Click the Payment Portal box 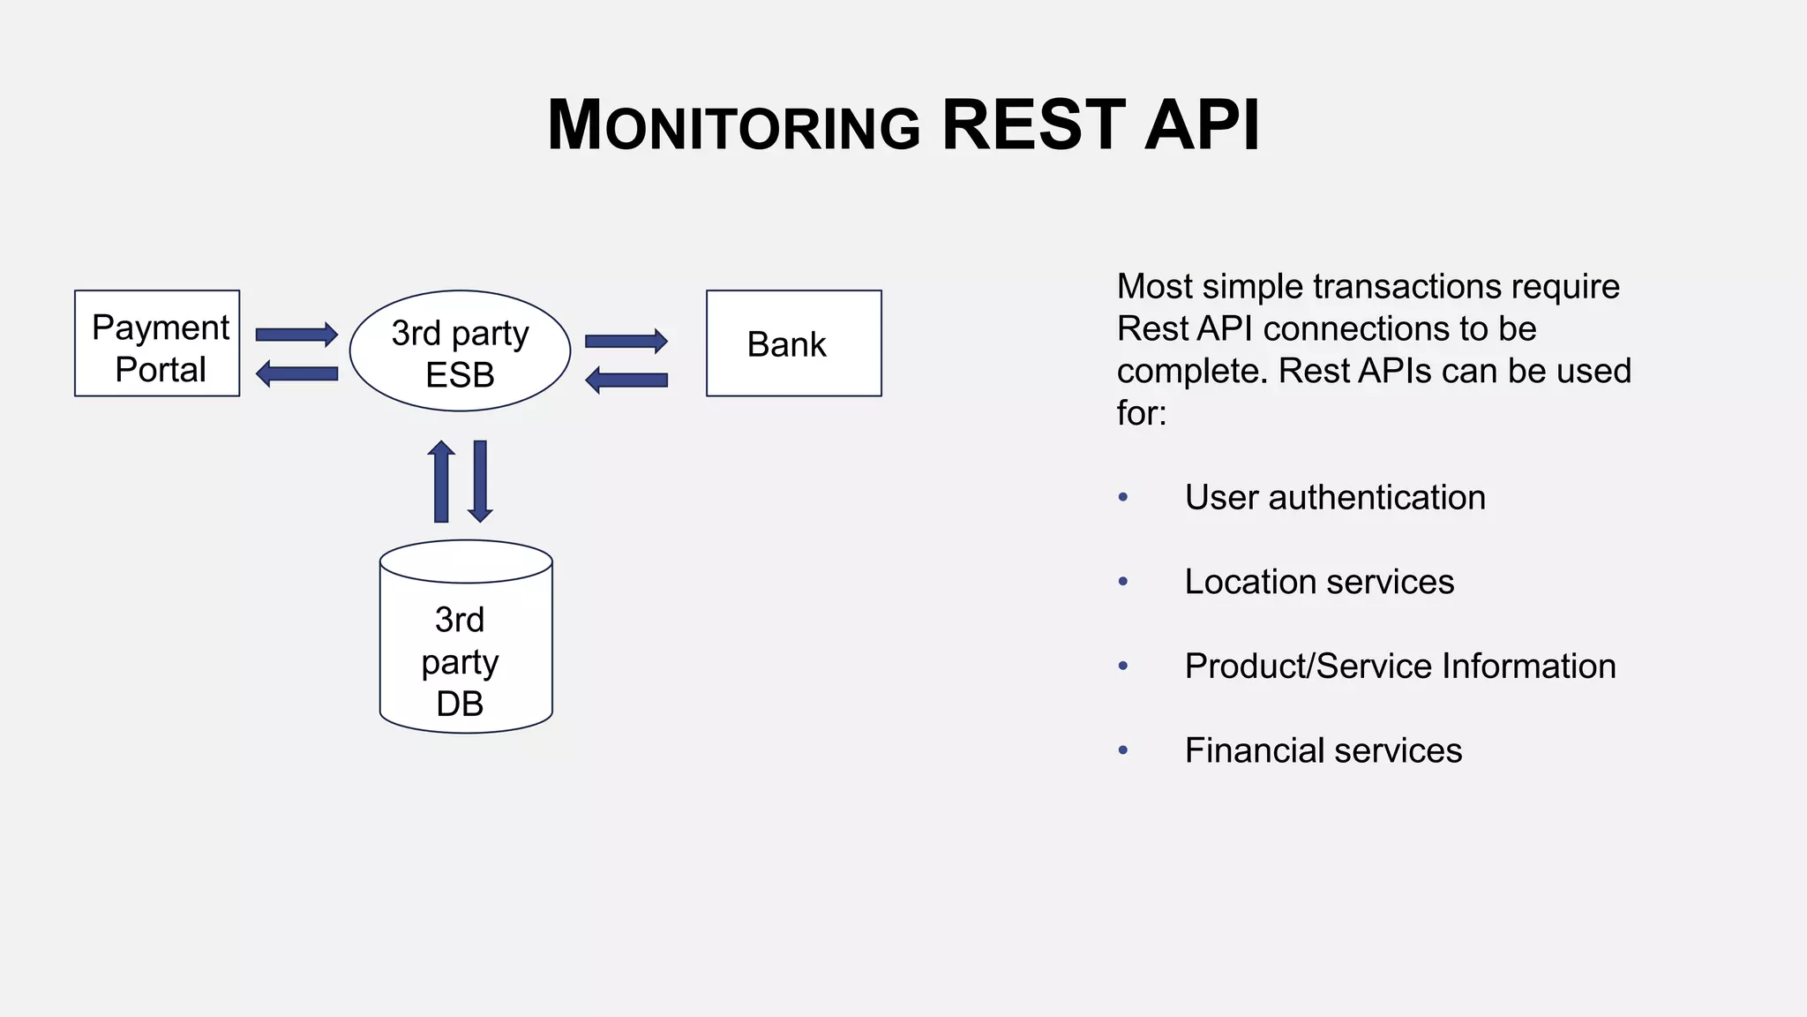157,343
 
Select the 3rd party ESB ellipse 460,351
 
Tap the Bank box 793,343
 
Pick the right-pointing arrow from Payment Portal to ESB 296,335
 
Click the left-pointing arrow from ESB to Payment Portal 296,373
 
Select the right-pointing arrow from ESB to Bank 626,341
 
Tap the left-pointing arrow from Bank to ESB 626,380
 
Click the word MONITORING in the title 734,126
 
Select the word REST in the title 1033,125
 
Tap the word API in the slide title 1202,125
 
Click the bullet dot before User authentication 1123,498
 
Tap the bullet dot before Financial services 1123,750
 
